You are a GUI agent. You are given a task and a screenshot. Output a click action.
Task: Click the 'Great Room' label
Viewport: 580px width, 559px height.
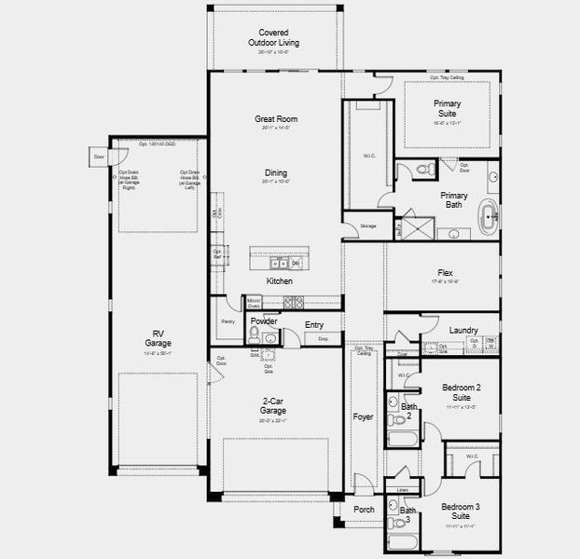(276, 119)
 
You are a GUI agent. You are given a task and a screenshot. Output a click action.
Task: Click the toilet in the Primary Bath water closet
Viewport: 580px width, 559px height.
(422, 170)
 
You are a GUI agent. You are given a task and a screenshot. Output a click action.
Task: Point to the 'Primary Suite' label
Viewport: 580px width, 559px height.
(452, 108)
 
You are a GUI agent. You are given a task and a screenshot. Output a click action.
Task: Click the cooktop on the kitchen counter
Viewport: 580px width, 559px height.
(294, 302)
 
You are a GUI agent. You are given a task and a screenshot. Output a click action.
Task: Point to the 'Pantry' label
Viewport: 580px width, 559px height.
(228, 321)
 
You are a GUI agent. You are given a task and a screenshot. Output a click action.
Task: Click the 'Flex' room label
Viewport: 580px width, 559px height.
(446, 273)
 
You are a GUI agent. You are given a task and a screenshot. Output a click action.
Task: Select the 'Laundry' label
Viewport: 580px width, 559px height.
(463, 330)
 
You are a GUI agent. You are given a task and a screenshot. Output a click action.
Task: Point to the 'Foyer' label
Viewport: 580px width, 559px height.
(364, 416)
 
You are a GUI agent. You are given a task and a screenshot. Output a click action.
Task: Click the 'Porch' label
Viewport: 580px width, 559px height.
(363, 510)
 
